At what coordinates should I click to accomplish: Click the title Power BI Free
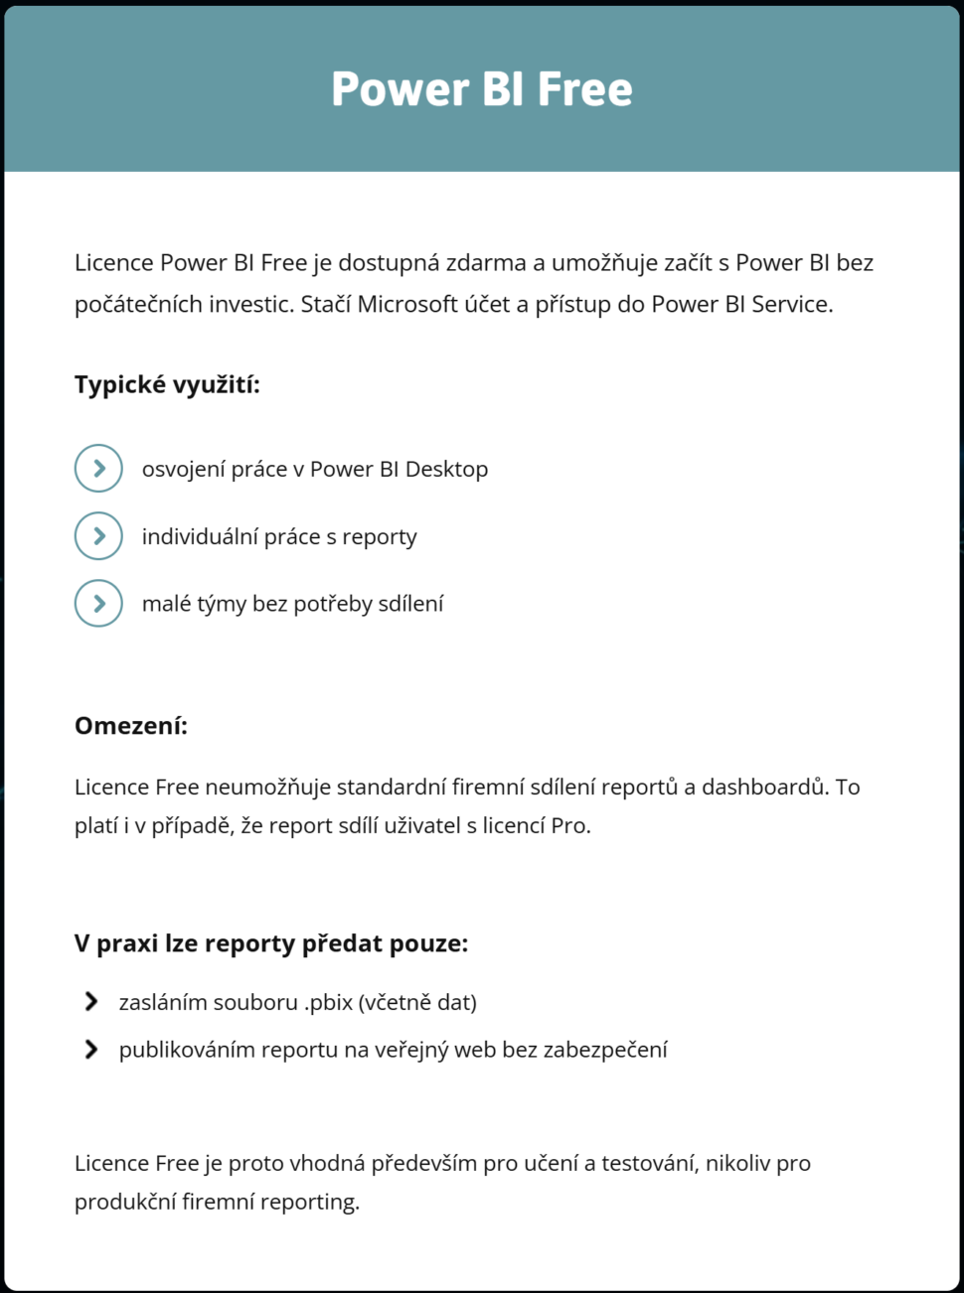(482, 89)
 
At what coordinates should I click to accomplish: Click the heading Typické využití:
(167, 385)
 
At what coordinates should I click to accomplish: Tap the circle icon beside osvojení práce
(98, 469)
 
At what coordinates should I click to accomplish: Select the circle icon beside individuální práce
(98, 536)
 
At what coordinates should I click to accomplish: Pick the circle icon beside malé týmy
(98, 603)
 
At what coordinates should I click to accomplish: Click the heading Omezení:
(131, 726)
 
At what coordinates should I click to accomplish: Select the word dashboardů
(763, 788)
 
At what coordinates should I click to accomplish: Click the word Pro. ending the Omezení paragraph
(569, 826)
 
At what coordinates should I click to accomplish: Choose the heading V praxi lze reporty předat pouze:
(271, 943)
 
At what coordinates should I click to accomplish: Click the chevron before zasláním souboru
(91, 1002)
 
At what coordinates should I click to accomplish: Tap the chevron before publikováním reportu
(91, 1050)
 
